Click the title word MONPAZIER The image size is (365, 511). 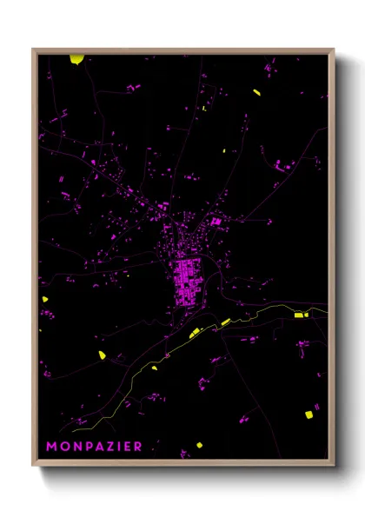pos(94,447)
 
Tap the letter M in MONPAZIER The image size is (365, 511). pos(51,447)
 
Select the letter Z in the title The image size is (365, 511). pos(109,447)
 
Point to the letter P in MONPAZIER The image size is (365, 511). pos(85,447)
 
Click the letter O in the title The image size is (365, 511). pos(63,447)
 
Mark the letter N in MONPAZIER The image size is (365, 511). pos(75,447)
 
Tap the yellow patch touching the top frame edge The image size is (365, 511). pos(77,59)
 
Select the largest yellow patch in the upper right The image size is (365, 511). pos(256,91)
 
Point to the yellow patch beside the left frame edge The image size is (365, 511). pos(43,300)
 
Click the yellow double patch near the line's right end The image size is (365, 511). pos(299,315)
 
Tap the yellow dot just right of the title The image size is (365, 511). pos(199,445)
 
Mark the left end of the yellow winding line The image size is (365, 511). pos(74,429)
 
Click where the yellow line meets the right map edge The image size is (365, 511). pos(328,309)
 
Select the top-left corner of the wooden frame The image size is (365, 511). pos(33,49)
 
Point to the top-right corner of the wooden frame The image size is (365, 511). pos(335,49)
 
